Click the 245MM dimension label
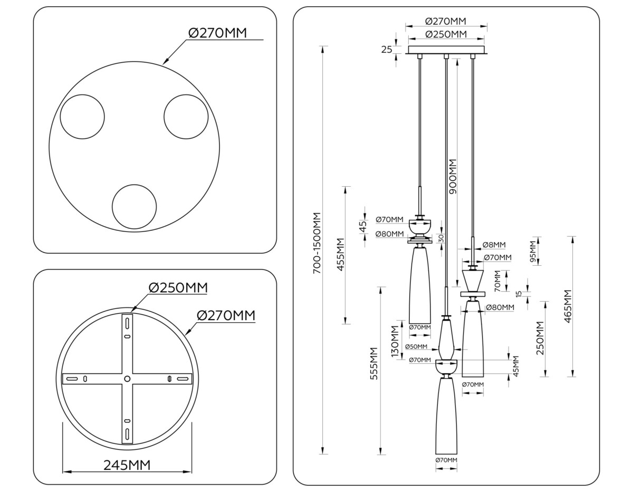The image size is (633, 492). (x=127, y=465)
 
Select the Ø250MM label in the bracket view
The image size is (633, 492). (x=178, y=288)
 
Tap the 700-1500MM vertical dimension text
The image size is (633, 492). (x=316, y=243)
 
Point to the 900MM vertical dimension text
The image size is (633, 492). (x=452, y=176)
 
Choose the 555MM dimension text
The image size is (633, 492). (x=374, y=364)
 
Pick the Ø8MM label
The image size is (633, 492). (x=494, y=245)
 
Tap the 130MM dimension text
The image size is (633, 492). (x=395, y=342)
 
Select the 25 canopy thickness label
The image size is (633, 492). (x=387, y=50)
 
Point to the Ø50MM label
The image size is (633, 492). (x=416, y=346)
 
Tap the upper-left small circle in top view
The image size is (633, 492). (x=82, y=117)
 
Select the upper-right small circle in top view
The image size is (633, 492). (x=186, y=117)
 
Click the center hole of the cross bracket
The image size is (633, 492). (x=127, y=379)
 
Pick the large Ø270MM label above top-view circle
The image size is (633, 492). (x=217, y=33)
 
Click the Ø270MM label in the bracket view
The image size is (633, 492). (x=226, y=315)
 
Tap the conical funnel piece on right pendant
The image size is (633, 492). (x=473, y=278)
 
